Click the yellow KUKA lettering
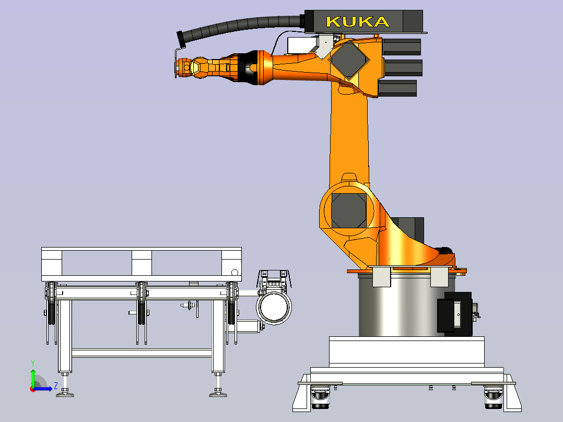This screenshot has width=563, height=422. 358,22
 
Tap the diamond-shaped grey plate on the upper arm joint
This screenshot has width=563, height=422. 349,60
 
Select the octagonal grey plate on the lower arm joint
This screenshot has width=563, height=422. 349,211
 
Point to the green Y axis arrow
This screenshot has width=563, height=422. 33,376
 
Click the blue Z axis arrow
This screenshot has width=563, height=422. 43,389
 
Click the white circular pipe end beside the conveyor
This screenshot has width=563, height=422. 274,308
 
